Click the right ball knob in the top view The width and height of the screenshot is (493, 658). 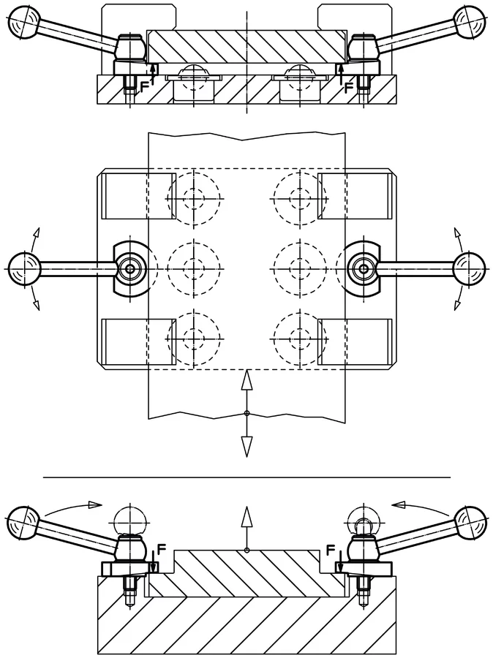(470, 20)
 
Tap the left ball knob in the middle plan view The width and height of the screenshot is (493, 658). (24, 268)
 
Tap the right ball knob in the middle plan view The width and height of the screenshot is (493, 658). (470, 268)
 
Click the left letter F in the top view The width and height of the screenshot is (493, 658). (144, 87)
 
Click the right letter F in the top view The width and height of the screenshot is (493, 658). (349, 87)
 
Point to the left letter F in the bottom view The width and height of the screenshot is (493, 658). (162, 548)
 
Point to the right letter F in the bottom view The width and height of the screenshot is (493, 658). (331, 548)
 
